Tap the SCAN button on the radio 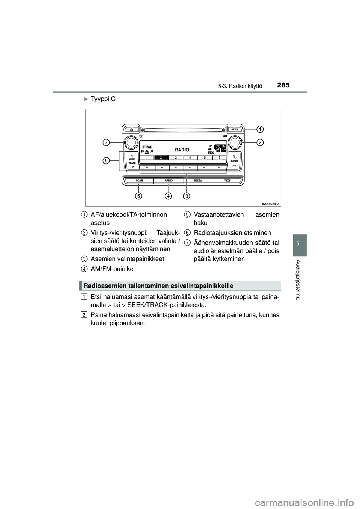(139, 181)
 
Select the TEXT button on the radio (227, 181)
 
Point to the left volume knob (131, 142)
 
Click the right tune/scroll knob (235, 142)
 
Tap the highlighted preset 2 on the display (160, 158)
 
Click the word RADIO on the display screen (182, 150)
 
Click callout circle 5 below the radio (139, 196)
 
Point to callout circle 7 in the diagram (107, 142)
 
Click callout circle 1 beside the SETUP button (259, 129)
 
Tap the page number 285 (283, 85)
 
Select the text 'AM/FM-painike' (112, 269)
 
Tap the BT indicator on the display (223, 150)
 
